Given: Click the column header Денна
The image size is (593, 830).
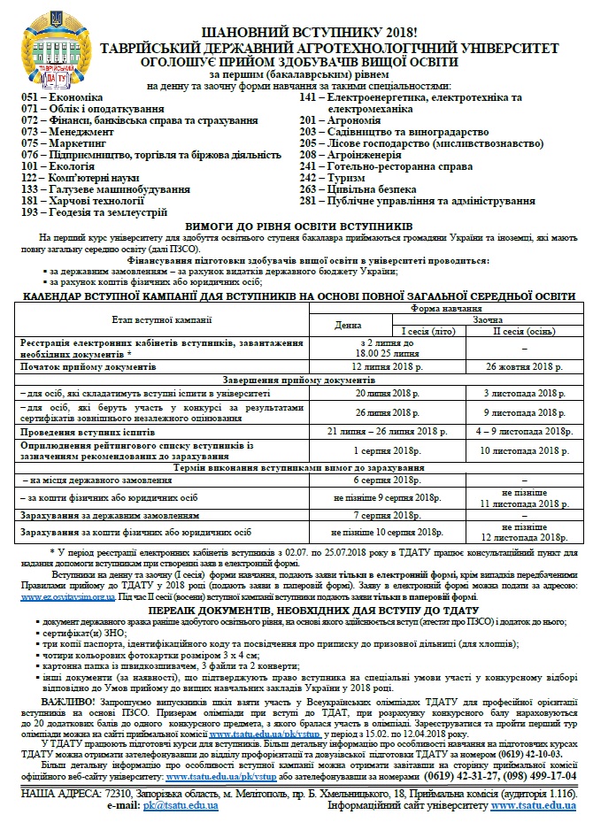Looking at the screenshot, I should pos(348,325).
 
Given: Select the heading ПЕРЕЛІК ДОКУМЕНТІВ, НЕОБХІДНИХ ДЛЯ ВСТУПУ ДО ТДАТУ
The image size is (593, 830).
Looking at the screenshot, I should pos(296,611).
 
